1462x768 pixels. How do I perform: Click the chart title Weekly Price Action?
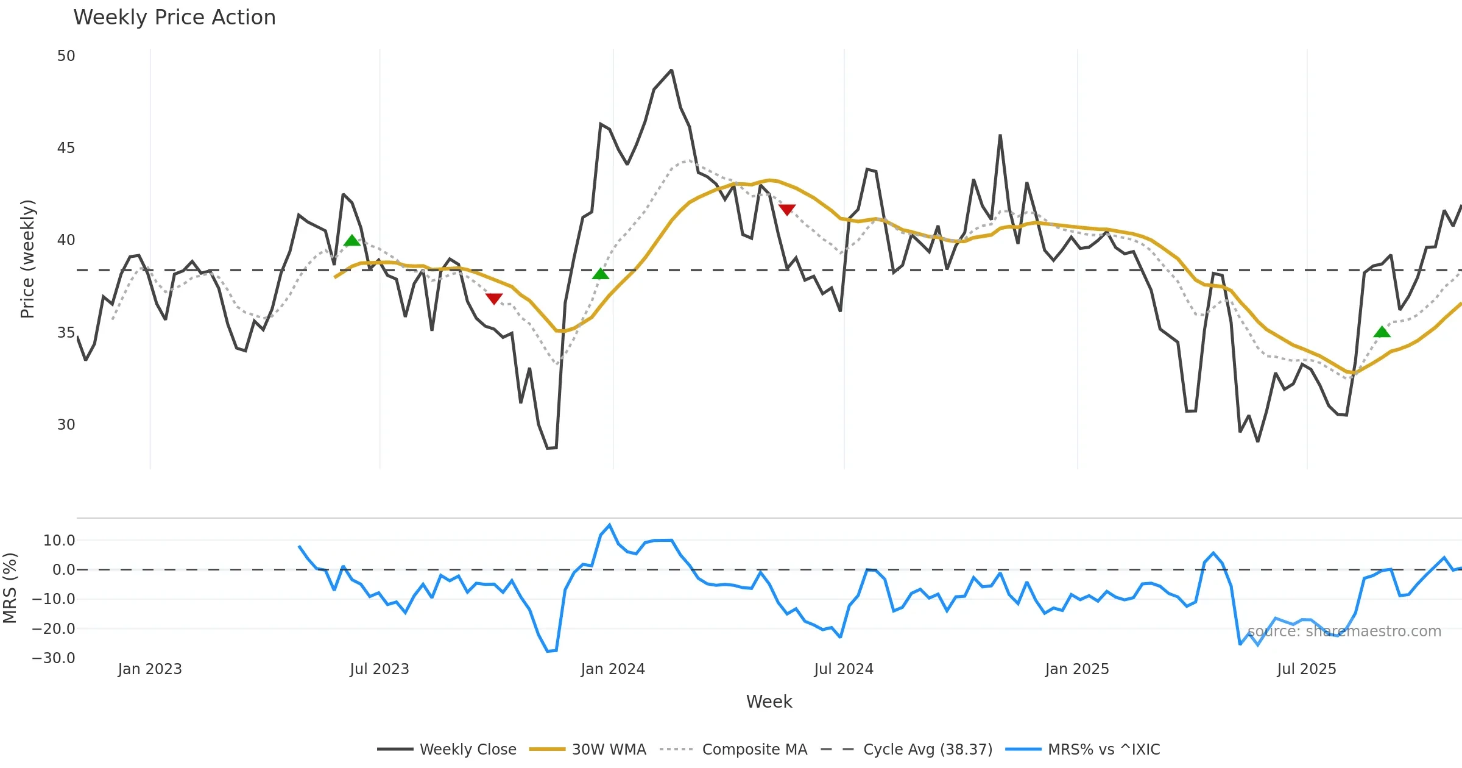click(x=174, y=18)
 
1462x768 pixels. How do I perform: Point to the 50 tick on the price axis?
click(x=66, y=56)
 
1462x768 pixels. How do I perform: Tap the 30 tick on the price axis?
click(x=66, y=425)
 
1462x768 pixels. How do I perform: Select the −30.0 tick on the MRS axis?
click(x=54, y=658)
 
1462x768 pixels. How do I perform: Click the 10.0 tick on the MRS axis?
click(x=59, y=541)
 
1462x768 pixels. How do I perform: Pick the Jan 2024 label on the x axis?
click(x=613, y=669)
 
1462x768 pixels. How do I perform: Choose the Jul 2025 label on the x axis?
click(x=1307, y=669)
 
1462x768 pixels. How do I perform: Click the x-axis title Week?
click(x=769, y=702)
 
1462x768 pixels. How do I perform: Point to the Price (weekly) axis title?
click(x=27, y=259)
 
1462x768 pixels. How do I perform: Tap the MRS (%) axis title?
click(x=10, y=588)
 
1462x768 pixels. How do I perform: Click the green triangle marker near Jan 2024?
click(x=601, y=274)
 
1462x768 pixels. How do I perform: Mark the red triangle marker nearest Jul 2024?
click(x=787, y=210)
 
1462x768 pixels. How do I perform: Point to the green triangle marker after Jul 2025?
click(x=1382, y=332)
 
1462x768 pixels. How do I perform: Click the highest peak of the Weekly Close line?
click(x=671, y=71)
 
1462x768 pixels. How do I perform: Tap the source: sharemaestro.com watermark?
click(x=1344, y=631)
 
